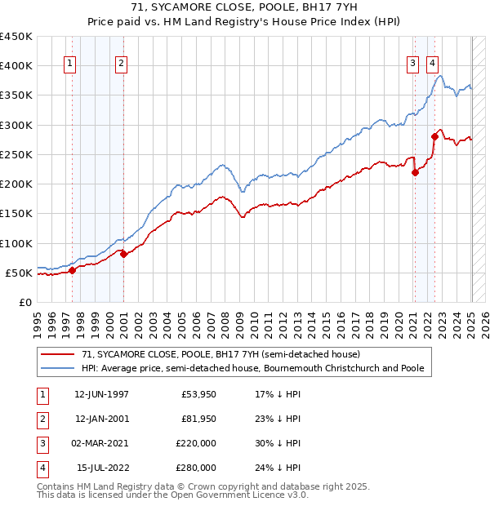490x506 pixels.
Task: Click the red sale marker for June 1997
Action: (72, 270)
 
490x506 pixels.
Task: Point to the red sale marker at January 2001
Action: (123, 254)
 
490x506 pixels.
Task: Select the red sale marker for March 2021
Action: (415, 172)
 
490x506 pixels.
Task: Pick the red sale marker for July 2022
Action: (434, 137)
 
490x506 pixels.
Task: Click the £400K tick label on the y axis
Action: (16, 66)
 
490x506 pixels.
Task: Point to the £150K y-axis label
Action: (16, 214)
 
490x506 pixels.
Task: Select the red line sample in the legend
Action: (57, 354)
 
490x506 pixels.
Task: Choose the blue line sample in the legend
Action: (57, 368)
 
